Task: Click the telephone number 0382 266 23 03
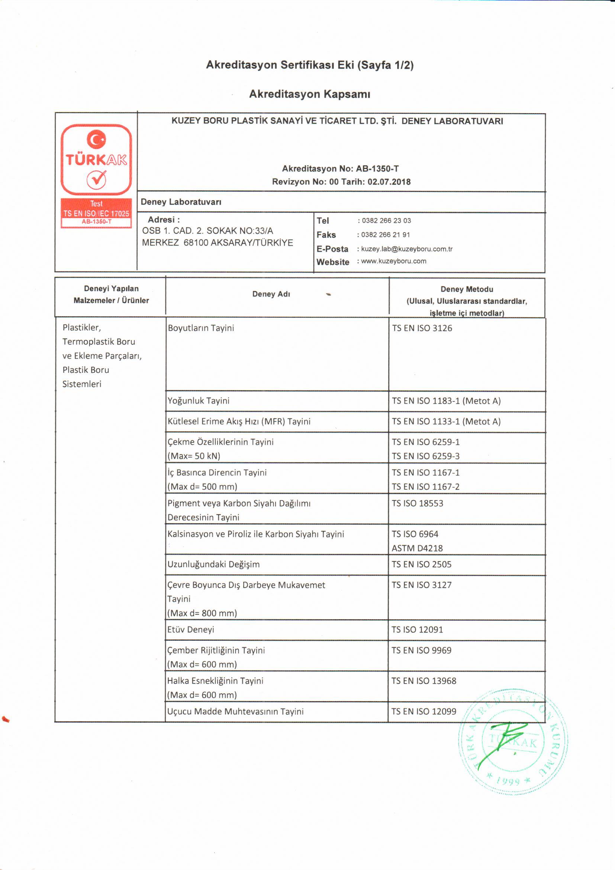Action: point(386,221)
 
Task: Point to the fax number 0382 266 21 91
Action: point(385,234)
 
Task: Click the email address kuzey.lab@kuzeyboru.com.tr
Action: point(407,249)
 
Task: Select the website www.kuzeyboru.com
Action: point(393,261)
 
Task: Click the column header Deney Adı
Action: point(271,294)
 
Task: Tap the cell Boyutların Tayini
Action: point(201,328)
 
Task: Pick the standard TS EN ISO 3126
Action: point(422,328)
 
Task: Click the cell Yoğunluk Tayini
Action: point(199,400)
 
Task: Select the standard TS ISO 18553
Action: point(417,503)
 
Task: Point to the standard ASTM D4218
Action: point(417,548)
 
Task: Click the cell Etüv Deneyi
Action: point(191,629)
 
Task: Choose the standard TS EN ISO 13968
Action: point(424,681)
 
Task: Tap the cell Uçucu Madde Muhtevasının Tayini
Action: point(235,711)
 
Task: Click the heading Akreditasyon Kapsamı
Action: point(309,94)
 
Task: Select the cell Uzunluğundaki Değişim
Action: point(213,564)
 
